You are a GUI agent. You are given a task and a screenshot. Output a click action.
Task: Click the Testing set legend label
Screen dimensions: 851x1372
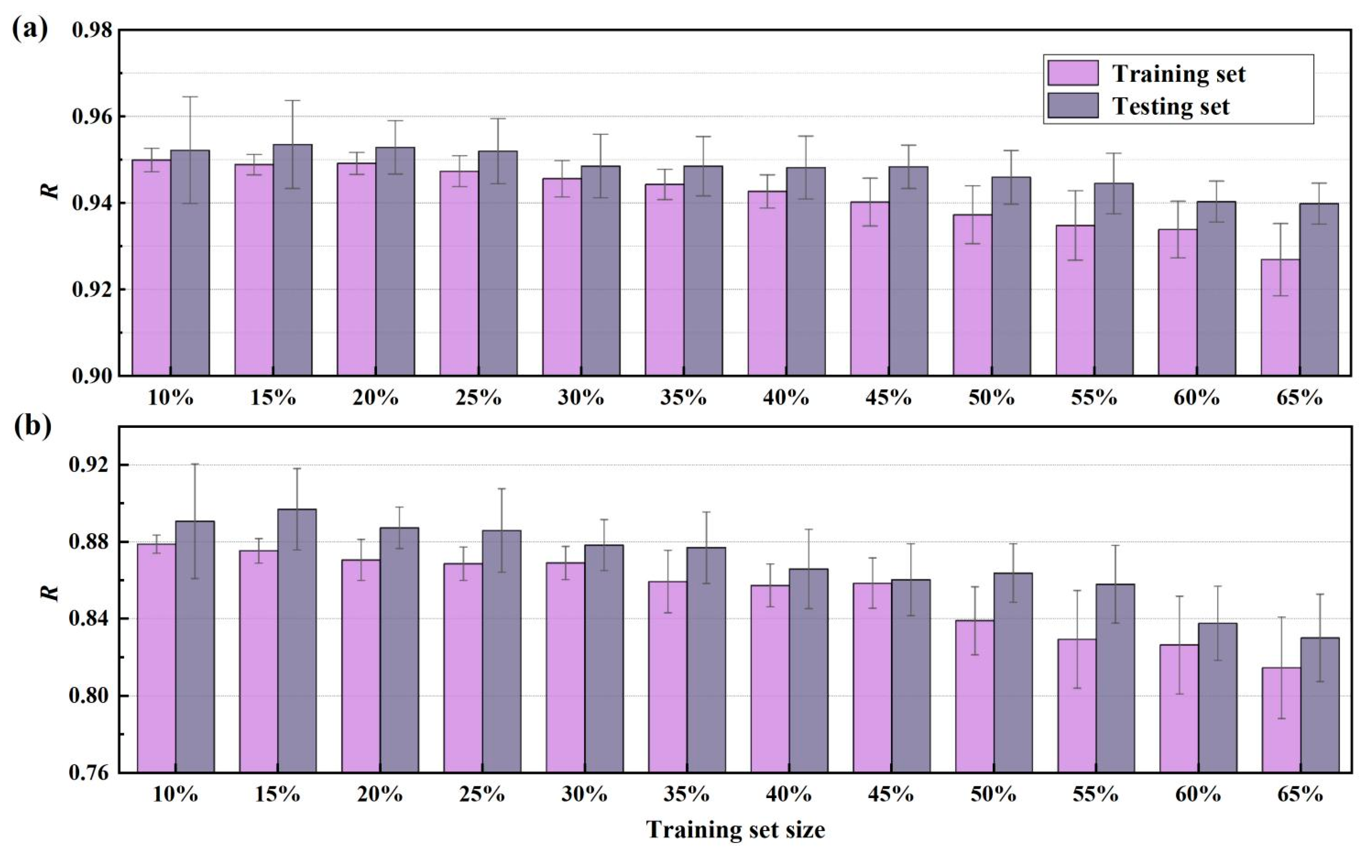click(1170, 106)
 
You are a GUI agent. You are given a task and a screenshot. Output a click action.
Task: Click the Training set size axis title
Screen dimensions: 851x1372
click(736, 830)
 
